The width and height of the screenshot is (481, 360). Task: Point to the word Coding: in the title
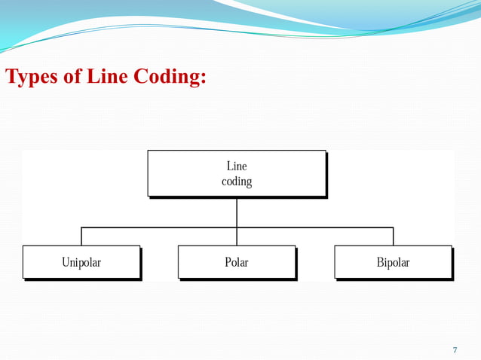coord(170,77)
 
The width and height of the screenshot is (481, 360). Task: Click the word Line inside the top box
coord(237,166)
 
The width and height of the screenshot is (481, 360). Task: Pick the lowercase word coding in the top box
coord(237,182)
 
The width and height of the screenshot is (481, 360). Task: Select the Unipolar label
coord(81,263)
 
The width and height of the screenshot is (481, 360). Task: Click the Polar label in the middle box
coord(237,263)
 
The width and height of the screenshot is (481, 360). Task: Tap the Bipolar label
coord(393,263)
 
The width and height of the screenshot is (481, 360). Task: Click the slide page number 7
coord(455,349)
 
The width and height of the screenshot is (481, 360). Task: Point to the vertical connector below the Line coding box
coord(237,212)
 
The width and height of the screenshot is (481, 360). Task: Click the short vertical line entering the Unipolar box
coord(81,236)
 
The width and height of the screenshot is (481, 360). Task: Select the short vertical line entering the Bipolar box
coord(393,236)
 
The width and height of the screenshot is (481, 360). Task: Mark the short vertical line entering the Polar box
coord(237,236)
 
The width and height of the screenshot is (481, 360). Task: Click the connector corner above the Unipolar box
coord(81,227)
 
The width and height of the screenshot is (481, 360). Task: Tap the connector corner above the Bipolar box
coord(393,227)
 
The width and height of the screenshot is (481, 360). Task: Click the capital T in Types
coord(11,77)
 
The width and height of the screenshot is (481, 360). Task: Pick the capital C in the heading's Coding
coord(141,77)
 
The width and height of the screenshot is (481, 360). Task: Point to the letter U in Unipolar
coord(66,263)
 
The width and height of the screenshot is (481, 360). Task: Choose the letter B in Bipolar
coord(380,263)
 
